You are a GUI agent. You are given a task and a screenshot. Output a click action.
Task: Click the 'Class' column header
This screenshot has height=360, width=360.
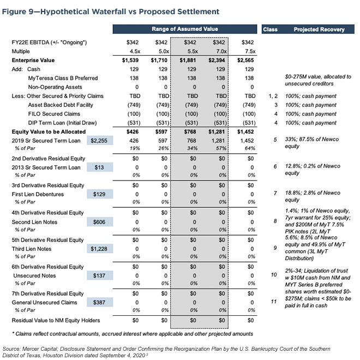(271, 28)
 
